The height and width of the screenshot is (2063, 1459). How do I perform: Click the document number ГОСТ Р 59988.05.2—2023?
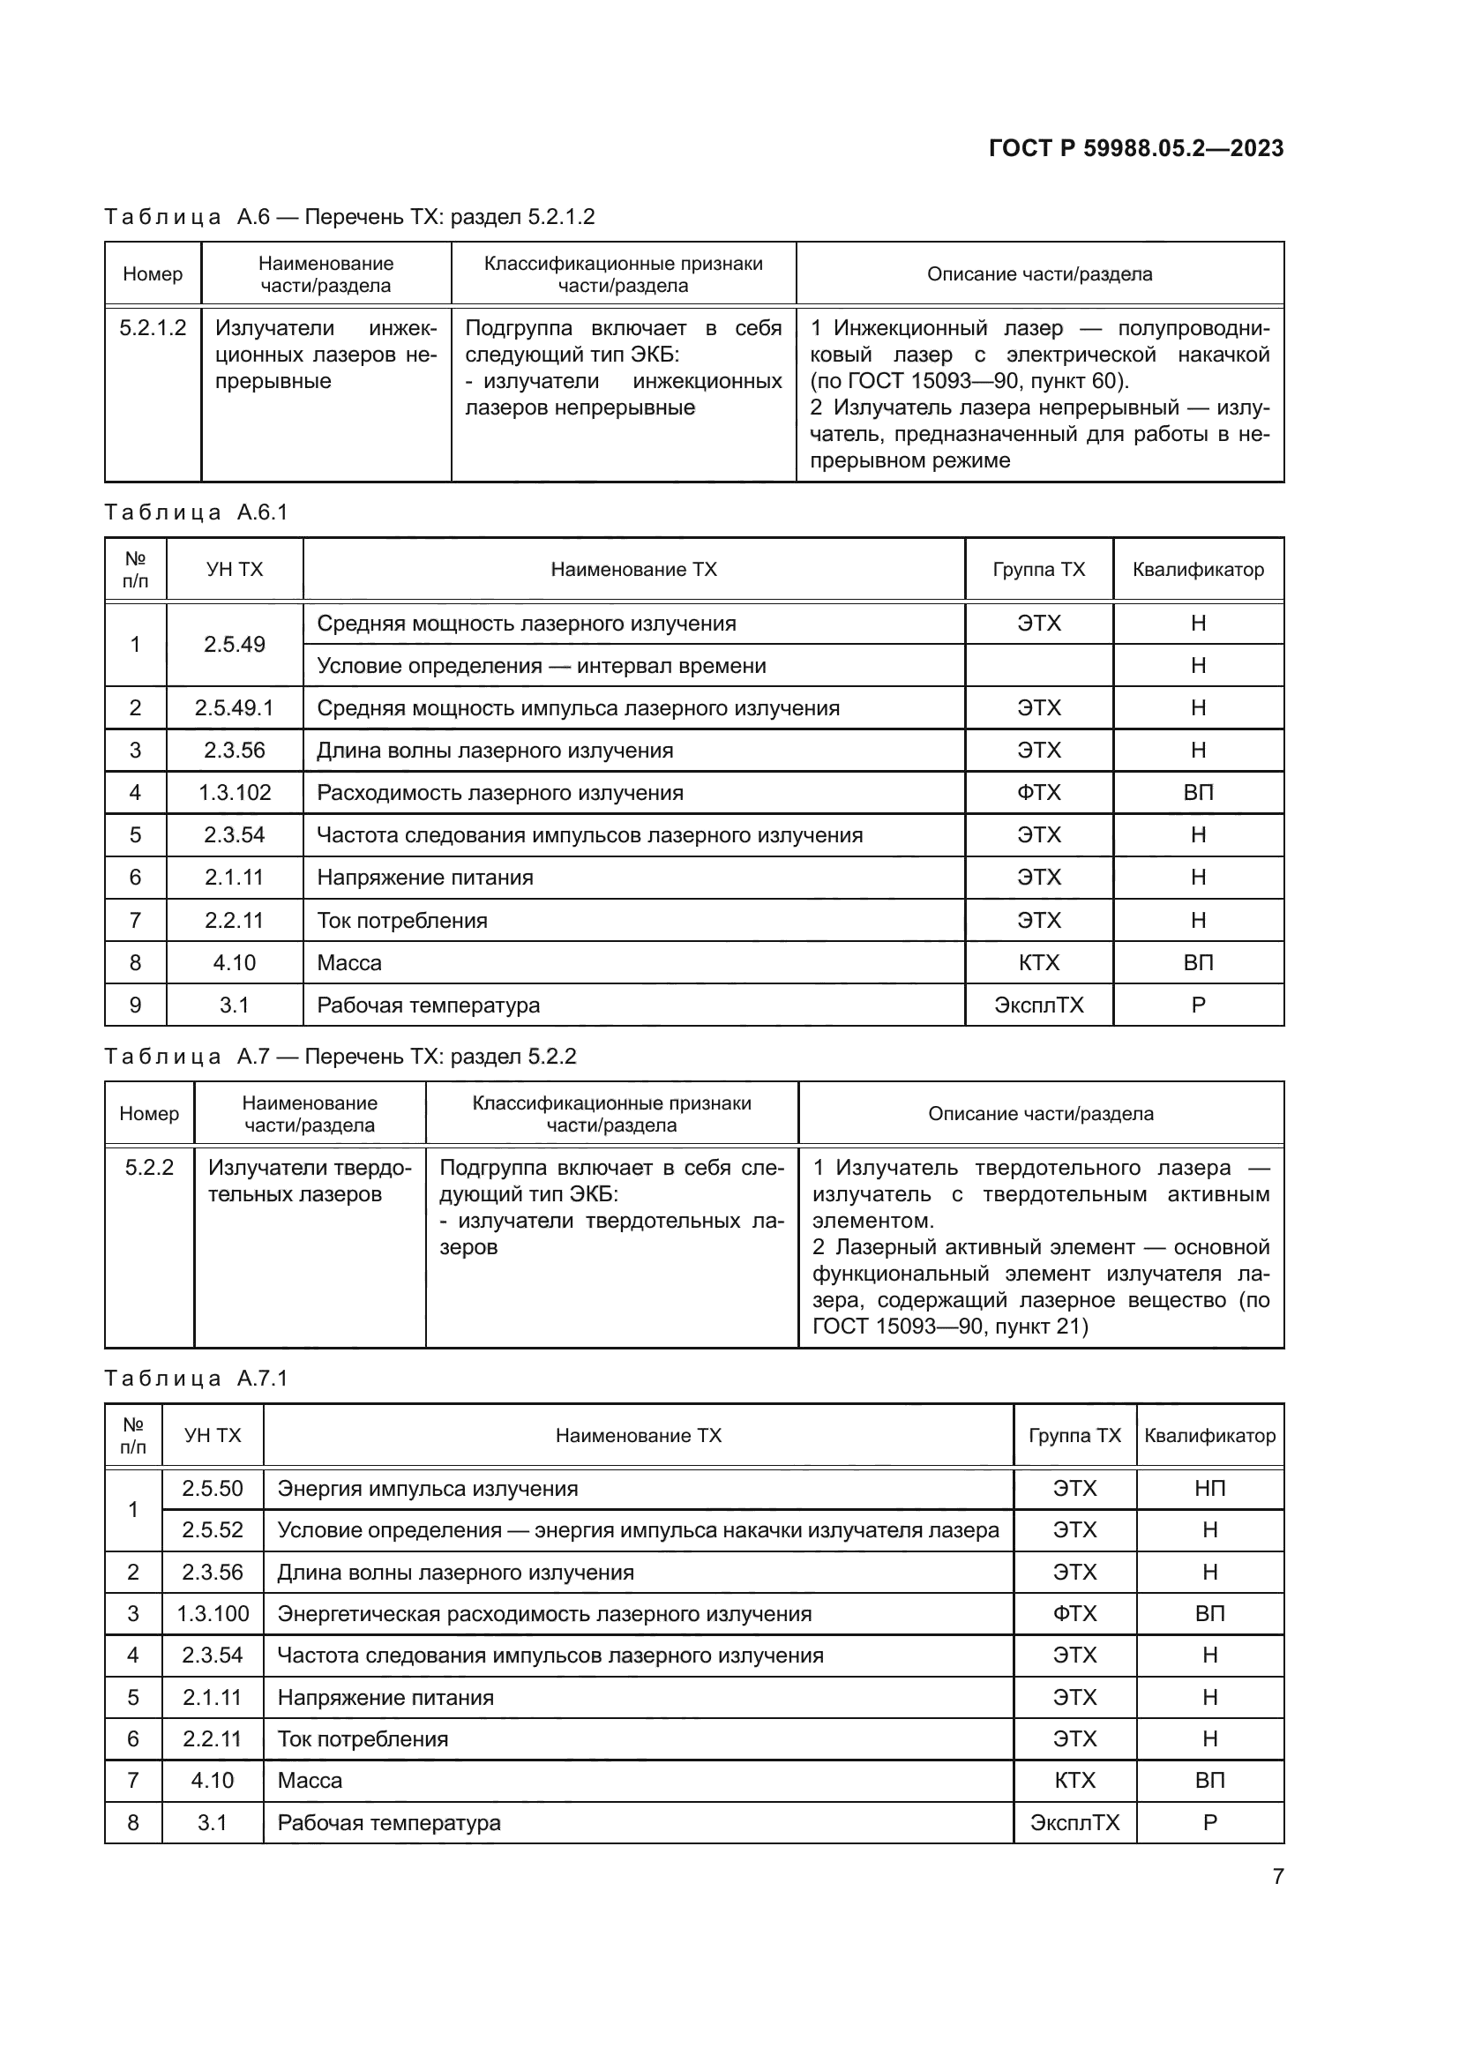pyautogui.click(x=1135, y=148)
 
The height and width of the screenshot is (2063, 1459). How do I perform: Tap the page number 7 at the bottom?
pyautogui.click(x=1277, y=1876)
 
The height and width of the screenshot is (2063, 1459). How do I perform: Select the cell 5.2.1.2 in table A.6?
pyautogui.click(x=153, y=328)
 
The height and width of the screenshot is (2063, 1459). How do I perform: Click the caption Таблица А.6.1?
pyautogui.click(x=196, y=512)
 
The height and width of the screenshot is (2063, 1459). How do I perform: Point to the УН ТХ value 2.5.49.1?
pyautogui.click(x=234, y=708)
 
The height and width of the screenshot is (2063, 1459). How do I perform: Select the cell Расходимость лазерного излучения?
pyautogui.click(x=499, y=793)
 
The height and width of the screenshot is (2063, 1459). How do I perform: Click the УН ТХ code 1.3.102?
pyautogui.click(x=234, y=793)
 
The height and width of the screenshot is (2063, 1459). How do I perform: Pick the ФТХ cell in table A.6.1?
pyautogui.click(x=1038, y=793)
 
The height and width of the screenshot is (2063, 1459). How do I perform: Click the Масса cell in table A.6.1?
pyautogui.click(x=349, y=962)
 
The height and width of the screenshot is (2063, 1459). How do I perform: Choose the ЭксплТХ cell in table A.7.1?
pyautogui.click(x=1074, y=1822)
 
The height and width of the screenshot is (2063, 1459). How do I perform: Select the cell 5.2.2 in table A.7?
pyautogui.click(x=149, y=1167)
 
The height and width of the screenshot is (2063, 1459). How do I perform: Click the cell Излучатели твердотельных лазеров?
pyautogui.click(x=309, y=1181)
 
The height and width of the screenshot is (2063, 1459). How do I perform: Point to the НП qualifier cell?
pyautogui.click(x=1209, y=1488)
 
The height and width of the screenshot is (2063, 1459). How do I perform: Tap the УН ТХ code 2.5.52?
pyautogui.click(x=212, y=1529)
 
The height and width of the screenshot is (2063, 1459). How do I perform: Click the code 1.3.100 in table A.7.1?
pyautogui.click(x=212, y=1613)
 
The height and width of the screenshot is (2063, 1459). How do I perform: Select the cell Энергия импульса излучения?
pyautogui.click(x=427, y=1488)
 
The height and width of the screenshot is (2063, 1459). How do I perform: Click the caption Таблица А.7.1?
pyautogui.click(x=196, y=1379)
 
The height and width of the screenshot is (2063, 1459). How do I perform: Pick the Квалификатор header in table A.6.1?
pyautogui.click(x=1198, y=569)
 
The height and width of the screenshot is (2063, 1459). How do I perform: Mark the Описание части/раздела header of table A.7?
pyautogui.click(x=1040, y=1113)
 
